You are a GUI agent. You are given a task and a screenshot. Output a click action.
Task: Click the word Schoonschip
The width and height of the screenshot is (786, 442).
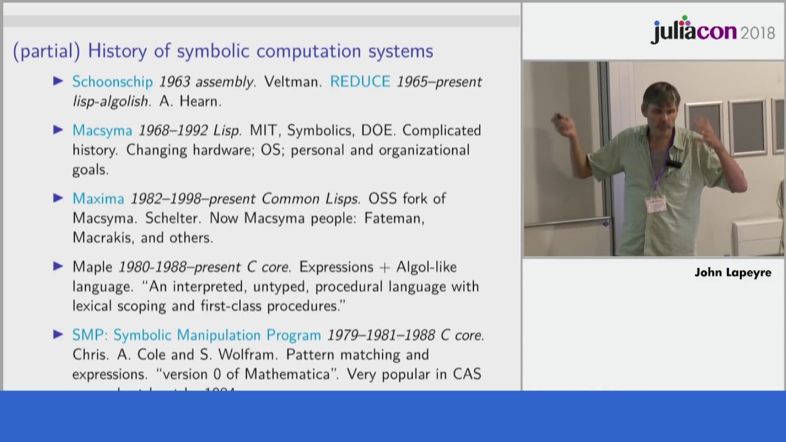112,82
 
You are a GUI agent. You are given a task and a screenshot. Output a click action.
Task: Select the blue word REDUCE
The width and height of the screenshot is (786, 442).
360,82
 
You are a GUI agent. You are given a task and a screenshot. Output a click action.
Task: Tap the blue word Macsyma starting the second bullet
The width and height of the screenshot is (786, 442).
102,131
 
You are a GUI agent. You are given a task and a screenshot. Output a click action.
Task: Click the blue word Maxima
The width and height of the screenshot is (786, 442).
98,199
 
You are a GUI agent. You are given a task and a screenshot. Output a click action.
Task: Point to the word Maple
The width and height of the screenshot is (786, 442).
93,267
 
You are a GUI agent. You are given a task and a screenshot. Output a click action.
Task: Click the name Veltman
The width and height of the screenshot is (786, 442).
292,82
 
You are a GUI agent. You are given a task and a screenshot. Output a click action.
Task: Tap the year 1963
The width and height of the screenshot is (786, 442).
174,82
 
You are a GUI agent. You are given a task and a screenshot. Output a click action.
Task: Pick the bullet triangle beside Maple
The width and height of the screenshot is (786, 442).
58,266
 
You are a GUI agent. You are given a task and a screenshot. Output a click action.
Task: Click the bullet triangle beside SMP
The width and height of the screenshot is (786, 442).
58,335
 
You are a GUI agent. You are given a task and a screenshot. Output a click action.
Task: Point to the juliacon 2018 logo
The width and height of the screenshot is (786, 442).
712,31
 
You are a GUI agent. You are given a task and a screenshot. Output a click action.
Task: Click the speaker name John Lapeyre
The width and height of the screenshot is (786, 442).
733,273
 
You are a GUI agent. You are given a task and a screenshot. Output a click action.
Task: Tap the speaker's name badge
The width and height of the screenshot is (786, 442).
656,204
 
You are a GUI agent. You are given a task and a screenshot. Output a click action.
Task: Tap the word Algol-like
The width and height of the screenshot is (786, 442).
426,267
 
